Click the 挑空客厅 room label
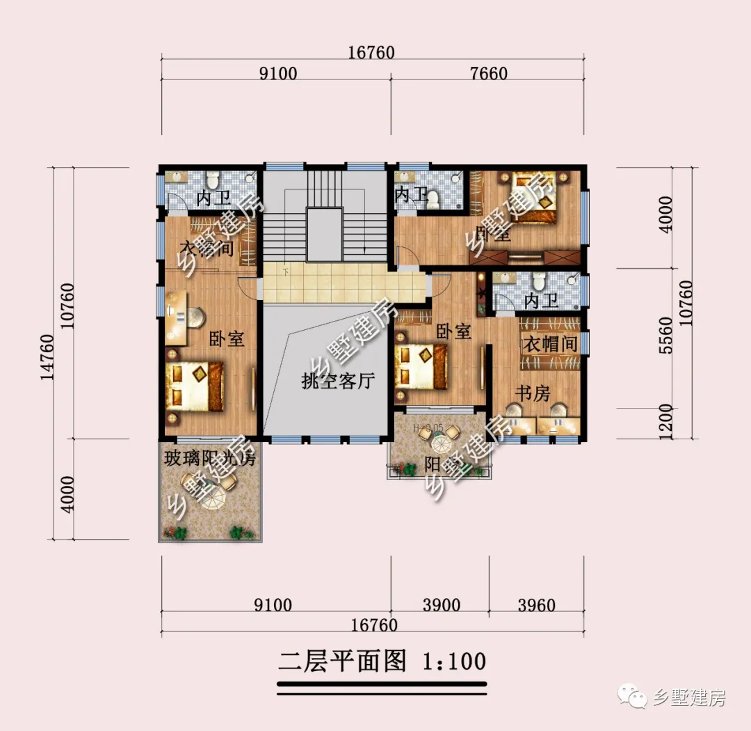[x=339, y=381]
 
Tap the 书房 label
[x=532, y=393]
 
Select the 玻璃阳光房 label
[x=209, y=459]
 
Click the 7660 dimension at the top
[x=489, y=73]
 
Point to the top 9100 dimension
[x=277, y=73]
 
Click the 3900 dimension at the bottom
[x=442, y=605]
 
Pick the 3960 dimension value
[x=537, y=605]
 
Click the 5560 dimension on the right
[x=665, y=336]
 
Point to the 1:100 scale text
[x=453, y=661]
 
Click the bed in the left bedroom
[x=194, y=386]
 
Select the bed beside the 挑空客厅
[x=421, y=367]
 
